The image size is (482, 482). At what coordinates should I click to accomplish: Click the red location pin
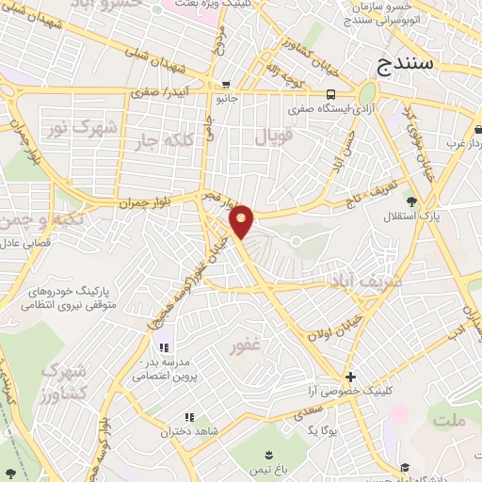(x=242, y=221)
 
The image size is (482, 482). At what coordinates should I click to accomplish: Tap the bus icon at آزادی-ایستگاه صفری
(x=330, y=94)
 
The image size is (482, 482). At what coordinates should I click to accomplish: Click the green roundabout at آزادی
(x=366, y=93)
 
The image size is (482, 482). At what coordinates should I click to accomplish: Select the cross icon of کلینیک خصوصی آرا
(x=350, y=376)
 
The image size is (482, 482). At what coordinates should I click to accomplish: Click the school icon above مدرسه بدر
(x=164, y=347)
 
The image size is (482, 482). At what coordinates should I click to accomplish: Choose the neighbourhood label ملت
(x=452, y=421)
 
